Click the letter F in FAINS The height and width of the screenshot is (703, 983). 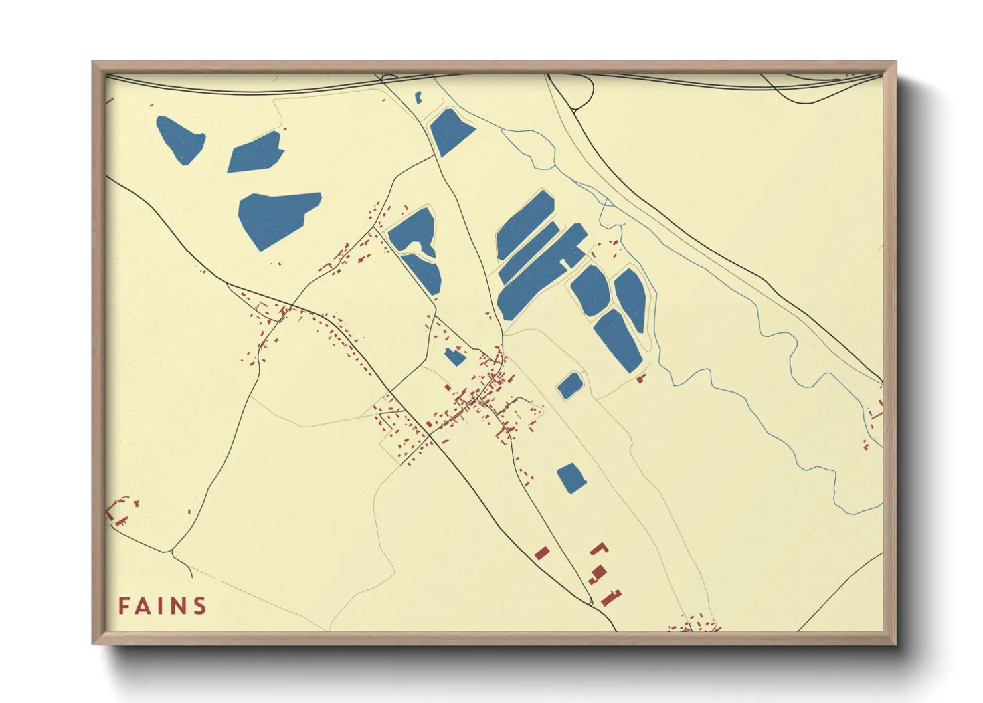(x=124, y=606)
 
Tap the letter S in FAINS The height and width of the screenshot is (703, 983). (x=199, y=606)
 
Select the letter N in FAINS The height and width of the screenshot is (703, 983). (x=179, y=606)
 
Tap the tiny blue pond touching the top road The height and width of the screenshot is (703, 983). (x=418, y=98)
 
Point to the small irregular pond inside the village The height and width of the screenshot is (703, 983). (x=454, y=356)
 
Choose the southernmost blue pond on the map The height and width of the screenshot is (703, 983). (x=571, y=478)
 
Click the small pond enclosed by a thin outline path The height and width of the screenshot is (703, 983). (x=569, y=385)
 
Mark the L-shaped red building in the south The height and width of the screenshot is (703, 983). (x=600, y=548)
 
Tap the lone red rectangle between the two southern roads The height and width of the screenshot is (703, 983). (x=542, y=553)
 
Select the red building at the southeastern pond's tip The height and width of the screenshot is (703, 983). (x=641, y=379)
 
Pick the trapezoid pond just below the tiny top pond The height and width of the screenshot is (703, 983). (x=451, y=130)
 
